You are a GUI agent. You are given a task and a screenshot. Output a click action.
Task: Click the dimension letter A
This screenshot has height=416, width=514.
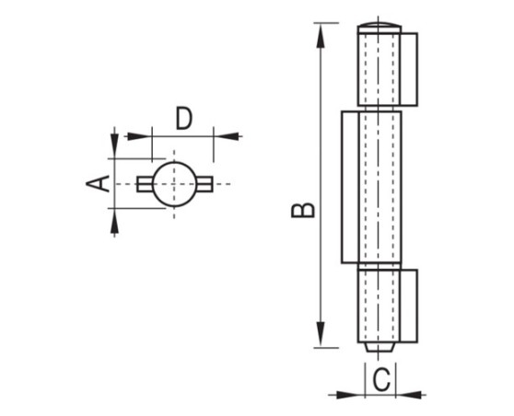point(98,183)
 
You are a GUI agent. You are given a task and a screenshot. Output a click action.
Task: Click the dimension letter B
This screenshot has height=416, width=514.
point(303,210)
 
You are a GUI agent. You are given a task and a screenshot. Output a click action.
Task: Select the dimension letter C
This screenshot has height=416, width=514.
point(381,379)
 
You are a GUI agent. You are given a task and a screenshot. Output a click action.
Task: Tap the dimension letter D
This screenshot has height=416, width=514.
point(183,118)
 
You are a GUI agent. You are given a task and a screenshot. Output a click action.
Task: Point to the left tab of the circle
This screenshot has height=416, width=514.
point(145,184)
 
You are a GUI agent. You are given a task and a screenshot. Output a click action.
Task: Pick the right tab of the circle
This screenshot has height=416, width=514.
point(204,184)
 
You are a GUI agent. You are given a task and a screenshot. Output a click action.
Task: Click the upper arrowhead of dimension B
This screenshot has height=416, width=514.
point(321,37)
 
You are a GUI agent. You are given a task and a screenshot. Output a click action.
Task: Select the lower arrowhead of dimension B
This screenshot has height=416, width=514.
point(321,334)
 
